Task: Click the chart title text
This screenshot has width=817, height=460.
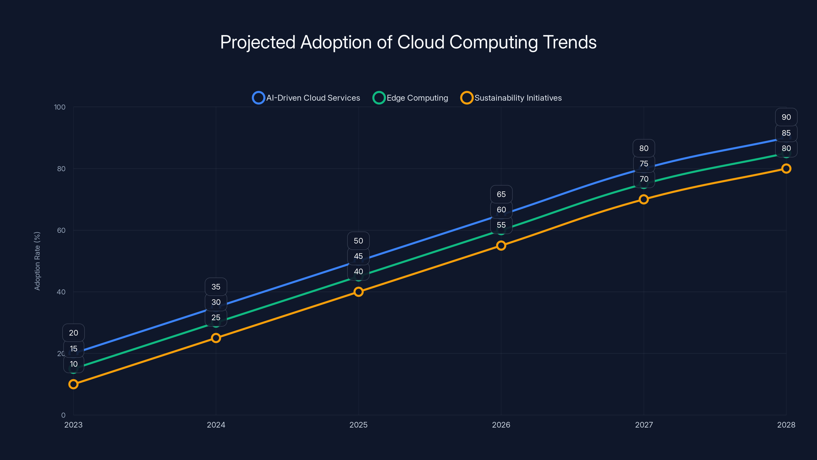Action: (408, 42)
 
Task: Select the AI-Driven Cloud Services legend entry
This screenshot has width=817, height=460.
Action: (306, 98)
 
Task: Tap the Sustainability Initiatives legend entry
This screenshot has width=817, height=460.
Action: (511, 98)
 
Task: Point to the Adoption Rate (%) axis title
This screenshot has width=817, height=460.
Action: (37, 261)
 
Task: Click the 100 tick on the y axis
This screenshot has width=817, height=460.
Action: (60, 107)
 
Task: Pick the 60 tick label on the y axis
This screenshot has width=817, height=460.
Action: (61, 231)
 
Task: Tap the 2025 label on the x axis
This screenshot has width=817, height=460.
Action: (358, 425)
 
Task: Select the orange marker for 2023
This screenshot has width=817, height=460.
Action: (73, 384)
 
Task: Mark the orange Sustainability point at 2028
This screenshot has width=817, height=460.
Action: (786, 169)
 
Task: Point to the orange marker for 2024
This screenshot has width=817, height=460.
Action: (216, 338)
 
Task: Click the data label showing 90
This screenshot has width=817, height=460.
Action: (786, 117)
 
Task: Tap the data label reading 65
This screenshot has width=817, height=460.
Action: (501, 194)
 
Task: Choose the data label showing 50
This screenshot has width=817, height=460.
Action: (358, 241)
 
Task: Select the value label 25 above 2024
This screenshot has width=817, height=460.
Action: (216, 317)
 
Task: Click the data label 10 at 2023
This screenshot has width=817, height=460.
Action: (74, 364)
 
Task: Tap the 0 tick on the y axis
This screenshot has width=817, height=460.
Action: (63, 415)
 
